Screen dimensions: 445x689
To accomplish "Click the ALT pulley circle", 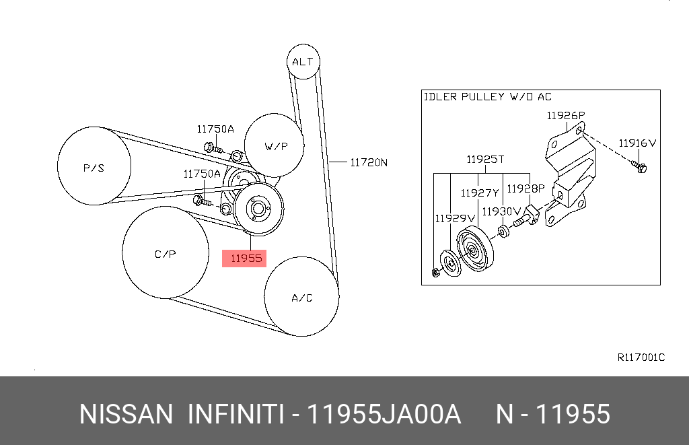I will coord(303,62).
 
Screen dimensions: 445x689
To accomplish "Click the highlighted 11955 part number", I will coord(244,256).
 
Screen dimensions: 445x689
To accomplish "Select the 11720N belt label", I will coord(369,162).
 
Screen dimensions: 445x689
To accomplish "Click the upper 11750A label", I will coord(215,129).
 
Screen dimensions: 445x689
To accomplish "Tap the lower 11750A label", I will coord(202,174).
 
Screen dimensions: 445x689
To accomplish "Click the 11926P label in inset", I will coord(565,115).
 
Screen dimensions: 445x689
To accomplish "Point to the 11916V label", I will coord(637,143).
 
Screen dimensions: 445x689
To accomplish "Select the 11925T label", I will coord(485,160).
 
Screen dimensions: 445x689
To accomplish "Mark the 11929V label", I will coord(454,218).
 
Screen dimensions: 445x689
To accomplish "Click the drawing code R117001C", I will coord(641,357).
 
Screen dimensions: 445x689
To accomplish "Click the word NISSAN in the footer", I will coord(126,414).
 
